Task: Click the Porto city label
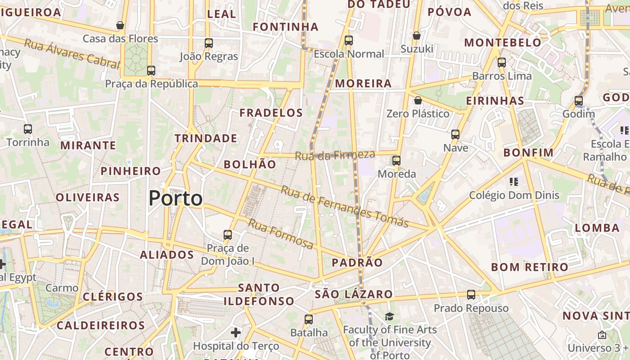(x=175, y=198)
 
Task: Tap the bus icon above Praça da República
(x=151, y=71)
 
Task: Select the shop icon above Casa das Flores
(x=120, y=25)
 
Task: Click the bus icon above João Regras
(x=209, y=43)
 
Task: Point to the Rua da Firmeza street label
(x=335, y=155)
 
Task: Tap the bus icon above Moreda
(x=396, y=160)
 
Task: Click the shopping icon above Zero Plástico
(x=418, y=100)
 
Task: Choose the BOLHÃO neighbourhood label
(x=250, y=164)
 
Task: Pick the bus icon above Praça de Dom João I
(x=228, y=235)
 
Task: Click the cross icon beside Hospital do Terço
(x=236, y=333)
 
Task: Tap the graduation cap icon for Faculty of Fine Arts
(x=389, y=317)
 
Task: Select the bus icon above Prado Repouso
(x=471, y=295)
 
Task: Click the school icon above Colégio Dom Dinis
(x=514, y=182)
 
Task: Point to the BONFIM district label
(x=528, y=153)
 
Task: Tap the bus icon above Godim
(x=579, y=101)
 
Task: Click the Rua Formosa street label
(x=280, y=234)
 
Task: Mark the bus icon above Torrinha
(x=28, y=129)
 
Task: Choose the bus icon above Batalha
(x=309, y=319)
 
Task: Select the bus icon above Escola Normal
(x=349, y=40)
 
